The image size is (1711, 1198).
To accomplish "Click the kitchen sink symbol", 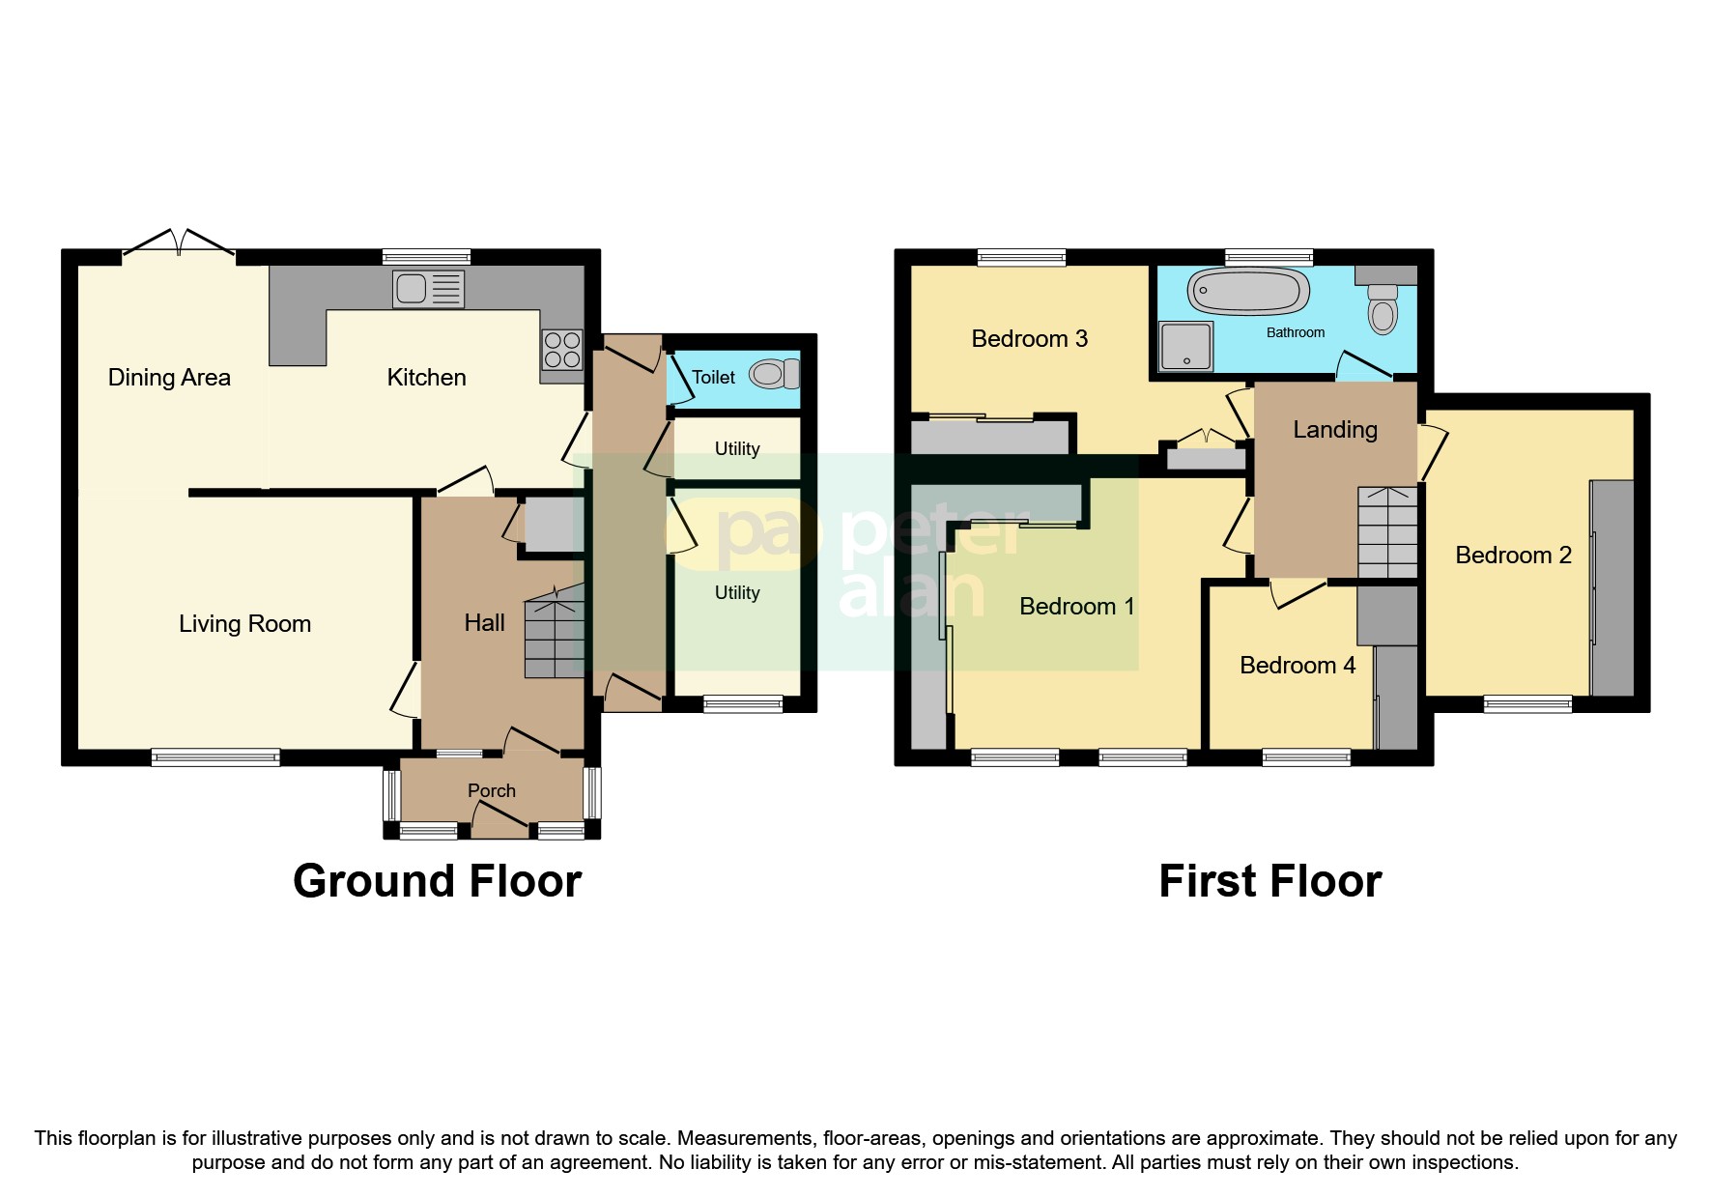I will click(x=428, y=289).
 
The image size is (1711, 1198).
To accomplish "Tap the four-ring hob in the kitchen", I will click(x=562, y=350).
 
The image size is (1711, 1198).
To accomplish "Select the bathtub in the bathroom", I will click(x=1248, y=291).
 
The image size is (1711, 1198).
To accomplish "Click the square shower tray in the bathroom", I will click(x=1185, y=346).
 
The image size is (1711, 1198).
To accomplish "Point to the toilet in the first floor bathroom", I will click(x=1383, y=307).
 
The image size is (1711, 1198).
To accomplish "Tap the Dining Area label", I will click(x=169, y=378).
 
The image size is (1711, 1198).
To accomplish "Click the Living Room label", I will click(x=244, y=624).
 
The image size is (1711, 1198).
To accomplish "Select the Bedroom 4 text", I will click(x=1297, y=666).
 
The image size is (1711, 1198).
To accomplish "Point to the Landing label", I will click(x=1334, y=430).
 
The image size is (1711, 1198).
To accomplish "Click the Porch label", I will click(x=492, y=791).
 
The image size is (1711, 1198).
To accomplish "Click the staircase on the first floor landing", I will click(x=1387, y=531).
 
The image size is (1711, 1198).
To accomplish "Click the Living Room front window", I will click(x=215, y=757).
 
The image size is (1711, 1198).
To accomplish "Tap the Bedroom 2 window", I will click(x=1527, y=704).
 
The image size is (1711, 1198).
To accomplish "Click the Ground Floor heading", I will click(x=437, y=881).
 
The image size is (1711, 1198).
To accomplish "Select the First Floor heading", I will click(x=1269, y=881).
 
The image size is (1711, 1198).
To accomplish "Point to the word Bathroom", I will click(x=1295, y=332).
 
